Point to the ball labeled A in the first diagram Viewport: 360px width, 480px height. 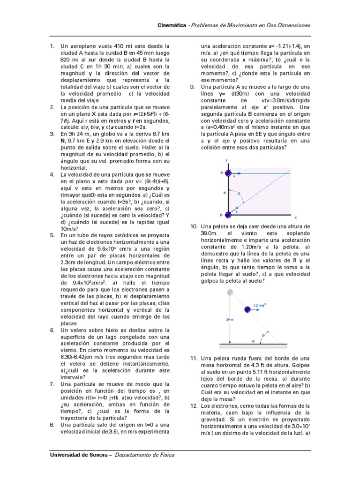[x=228, y=173]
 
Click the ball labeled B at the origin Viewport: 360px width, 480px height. [x=228, y=215]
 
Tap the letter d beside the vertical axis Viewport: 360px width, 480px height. [x=224, y=192]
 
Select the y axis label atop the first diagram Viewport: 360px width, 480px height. [x=227, y=160]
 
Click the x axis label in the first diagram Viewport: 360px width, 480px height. [x=295, y=217]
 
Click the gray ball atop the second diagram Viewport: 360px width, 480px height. [x=229, y=292]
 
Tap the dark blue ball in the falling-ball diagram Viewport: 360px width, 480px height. [x=247, y=309]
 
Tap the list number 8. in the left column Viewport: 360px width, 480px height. [x=52, y=425]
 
